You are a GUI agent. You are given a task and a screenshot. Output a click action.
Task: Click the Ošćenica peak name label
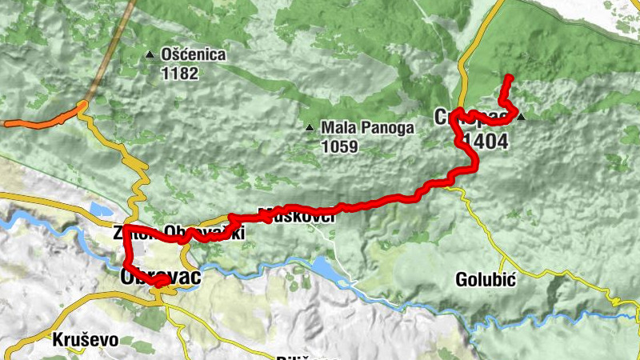click(194, 55)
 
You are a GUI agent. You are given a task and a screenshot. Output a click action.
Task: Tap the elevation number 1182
click(179, 73)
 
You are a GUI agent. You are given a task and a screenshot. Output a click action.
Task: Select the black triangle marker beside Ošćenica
click(150, 55)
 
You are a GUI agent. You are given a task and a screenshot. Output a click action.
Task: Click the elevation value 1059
click(339, 146)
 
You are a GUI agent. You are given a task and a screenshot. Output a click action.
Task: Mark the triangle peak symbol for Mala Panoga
click(310, 128)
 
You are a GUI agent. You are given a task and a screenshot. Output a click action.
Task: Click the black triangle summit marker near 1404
click(521, 118)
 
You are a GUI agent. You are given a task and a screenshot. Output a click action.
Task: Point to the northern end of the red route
click(509, 78)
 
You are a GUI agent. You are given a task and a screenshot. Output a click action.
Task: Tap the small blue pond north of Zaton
click(101, 210)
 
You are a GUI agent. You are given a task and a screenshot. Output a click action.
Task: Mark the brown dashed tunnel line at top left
click(109, 48)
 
